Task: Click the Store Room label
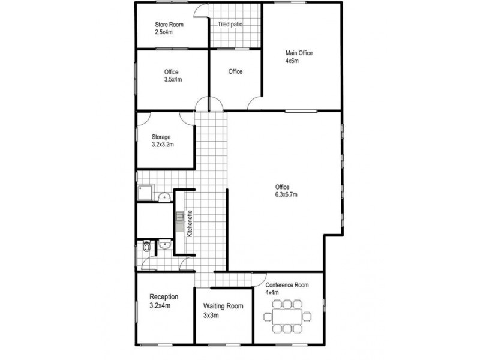pyautogui.click(x=169, y=28)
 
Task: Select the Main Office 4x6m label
pyautogui.click(x=298, y=57)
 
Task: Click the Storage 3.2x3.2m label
pyautogui.click(x=163, y=141)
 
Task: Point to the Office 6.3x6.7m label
pyautogui.click(x=286, y=191)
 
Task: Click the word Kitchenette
pyautogui.click(x=190, y=224)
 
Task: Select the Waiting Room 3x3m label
pyautogui.click(x=223, y=310)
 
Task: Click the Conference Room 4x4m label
pyautogui.click(x=287, y=289)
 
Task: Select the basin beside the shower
pyautogui.click(x=162, y=196)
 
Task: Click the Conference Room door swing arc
pyautogui.click(x=260, y=279)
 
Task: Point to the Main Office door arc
pyautogui.click(x=256, y=103)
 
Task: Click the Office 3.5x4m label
pyautogui.click(x=173, y=76)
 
